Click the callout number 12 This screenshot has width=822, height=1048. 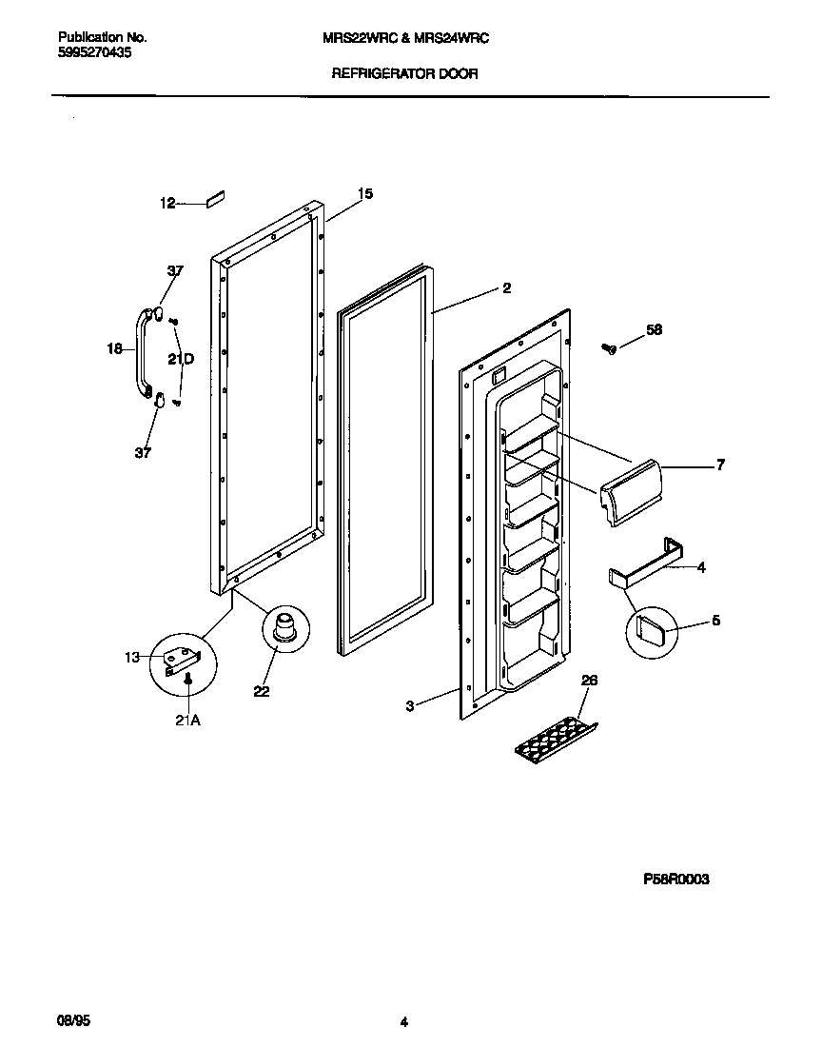coord(166,203)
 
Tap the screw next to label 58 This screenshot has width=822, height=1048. coord(610,348)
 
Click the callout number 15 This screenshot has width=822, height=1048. coord(364,193)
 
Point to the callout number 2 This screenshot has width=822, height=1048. coord(506,287)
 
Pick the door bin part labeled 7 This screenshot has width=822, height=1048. coord(629,490)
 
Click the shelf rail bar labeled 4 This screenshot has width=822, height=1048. coord(646,564)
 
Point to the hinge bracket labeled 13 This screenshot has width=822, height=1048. coord(181,661)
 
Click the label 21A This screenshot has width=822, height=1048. coord(187,721)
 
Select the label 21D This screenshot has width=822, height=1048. coord(181,359)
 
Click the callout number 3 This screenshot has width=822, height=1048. coord(409,706)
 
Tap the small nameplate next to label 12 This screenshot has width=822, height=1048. coord(213,200)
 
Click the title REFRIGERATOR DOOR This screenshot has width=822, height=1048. coord(404,73)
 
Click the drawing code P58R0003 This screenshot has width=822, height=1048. coord(675,880)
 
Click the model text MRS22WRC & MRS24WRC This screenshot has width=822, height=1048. coord(406,37)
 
